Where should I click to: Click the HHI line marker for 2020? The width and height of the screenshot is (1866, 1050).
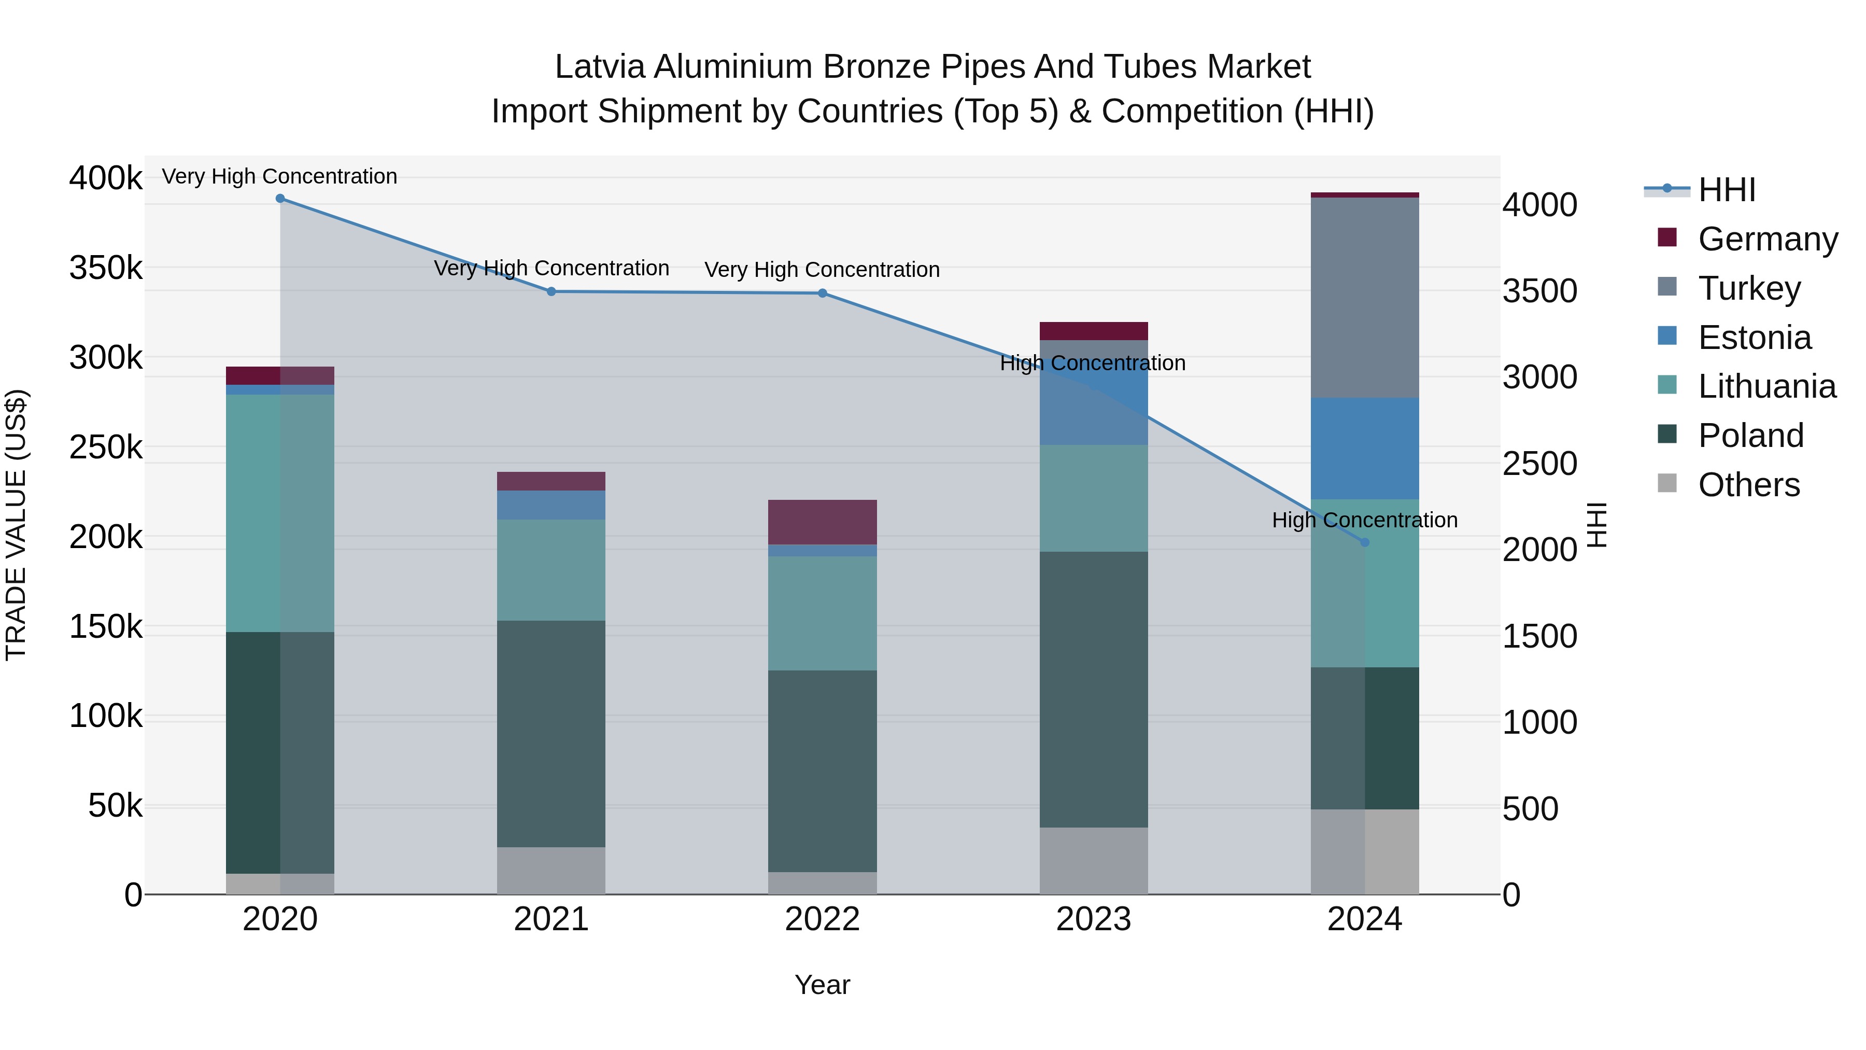click(x=280, y=199)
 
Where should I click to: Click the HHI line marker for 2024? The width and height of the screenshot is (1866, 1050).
click(x=1365, y=542)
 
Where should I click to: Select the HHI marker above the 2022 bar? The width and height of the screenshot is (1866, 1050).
click(x=822, y=293)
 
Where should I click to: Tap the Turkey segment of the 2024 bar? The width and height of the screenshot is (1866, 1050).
click(x=1365, y=297)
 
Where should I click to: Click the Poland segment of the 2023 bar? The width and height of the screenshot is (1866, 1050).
click(x=1093, y=689)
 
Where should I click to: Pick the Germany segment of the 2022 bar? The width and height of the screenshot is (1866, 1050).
click(x=822, y=522)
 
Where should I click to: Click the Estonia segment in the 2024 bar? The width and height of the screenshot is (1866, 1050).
click(x=1365, y=448)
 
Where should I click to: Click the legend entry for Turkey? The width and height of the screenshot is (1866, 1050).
click(x=1749, y=288)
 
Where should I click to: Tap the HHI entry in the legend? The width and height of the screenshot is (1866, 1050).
click(x=1726, y=190)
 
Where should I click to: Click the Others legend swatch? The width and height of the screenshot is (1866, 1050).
click(x=1667, y=483)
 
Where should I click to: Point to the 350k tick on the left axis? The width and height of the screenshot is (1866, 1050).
click(x=106, y=268)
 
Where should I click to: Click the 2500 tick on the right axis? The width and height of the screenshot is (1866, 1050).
click(x=1540, y=464)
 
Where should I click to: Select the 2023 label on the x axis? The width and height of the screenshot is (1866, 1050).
click(x=1093, y=919)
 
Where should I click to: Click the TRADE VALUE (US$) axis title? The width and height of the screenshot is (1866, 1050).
click(x=17, y=525)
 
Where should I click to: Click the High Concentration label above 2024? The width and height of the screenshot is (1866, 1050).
click(x=1365, y=520)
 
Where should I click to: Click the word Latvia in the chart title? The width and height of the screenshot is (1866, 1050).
click(x=601, y=67)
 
